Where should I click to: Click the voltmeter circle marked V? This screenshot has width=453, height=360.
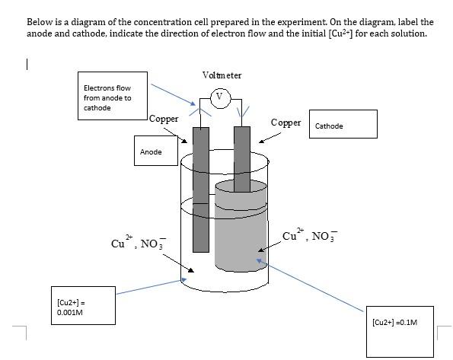tap(220, 97)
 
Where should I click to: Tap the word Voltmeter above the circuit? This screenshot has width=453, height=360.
tap(222, 75)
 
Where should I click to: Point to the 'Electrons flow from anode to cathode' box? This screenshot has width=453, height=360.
tap(111, 97)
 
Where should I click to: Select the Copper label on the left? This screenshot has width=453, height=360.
tap(164, 119)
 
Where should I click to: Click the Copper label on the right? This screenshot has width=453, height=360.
tap(286, 123)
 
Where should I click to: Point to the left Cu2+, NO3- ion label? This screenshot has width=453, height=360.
tap(137, 243)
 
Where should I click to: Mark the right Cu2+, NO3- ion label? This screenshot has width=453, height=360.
tap(309, 234)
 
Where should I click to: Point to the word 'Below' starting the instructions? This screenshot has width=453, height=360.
tap(39, 22)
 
